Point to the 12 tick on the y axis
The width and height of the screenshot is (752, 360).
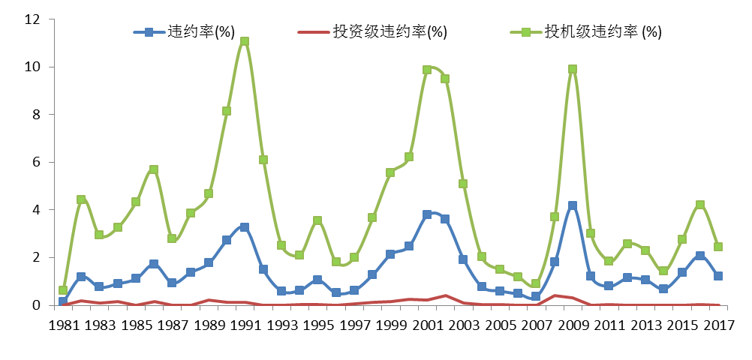click(32, 19)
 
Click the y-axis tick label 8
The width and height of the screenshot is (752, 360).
click(36, 115)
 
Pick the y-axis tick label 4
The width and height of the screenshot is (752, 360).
click(36, 210)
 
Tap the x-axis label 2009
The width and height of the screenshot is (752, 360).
click(572, 325)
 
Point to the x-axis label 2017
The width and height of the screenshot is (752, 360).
click(717, 325)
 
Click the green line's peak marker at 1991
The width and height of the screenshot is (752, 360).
click(245, 42)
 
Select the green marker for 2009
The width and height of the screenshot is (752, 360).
click(573, 69)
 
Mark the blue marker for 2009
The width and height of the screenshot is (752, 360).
click(573, 205)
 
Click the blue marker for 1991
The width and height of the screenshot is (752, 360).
click(245, 226)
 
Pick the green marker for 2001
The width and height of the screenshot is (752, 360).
click(427, 70)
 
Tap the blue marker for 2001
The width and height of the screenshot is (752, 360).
click(427, 214)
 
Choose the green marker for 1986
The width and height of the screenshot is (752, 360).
click(153, 169)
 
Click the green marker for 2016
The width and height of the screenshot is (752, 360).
click(699, 205)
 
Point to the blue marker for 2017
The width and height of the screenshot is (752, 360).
click(718, 276)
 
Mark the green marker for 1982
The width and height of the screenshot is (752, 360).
click(80, 199)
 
